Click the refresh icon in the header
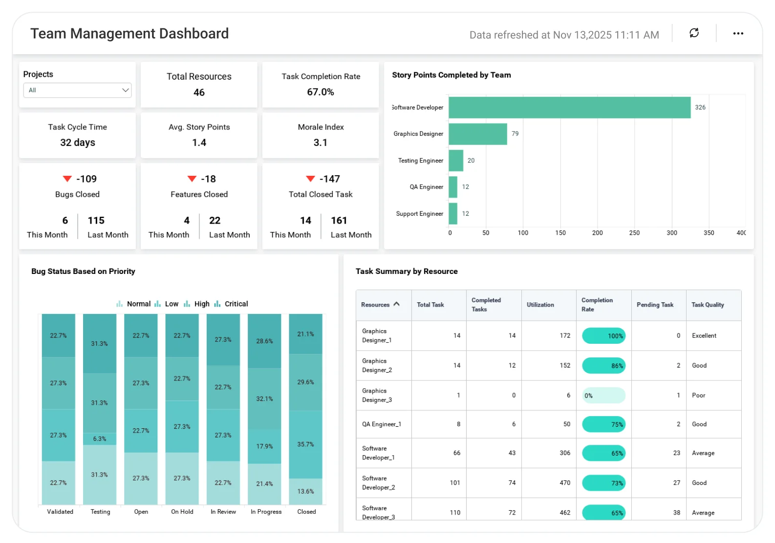click(x=694, y=33)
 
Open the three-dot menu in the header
click(x=738, y=34)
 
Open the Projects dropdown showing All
click(x=77, y=90)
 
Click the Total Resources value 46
click(x=199, y=93)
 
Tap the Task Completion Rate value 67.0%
click(x=321, y=92)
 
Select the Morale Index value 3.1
click(x=321, y=143)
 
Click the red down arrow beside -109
click(x=67, y=179)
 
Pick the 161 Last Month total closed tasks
click(x=339, y=221)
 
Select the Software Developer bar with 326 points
click(x=569, y=107)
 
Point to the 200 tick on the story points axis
click(x=597, y=233)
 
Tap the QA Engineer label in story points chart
click(x=426, y=187)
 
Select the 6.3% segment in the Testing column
click(x=100, y=439)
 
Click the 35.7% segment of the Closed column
click(x=305, y=444)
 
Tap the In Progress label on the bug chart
click(x=266, y=512)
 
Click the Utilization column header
click(x=540, y=305)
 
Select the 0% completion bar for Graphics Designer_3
click(x=603, y=396)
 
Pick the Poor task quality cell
click(x=699, y=396)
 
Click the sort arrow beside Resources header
click(x=396, y=304)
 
